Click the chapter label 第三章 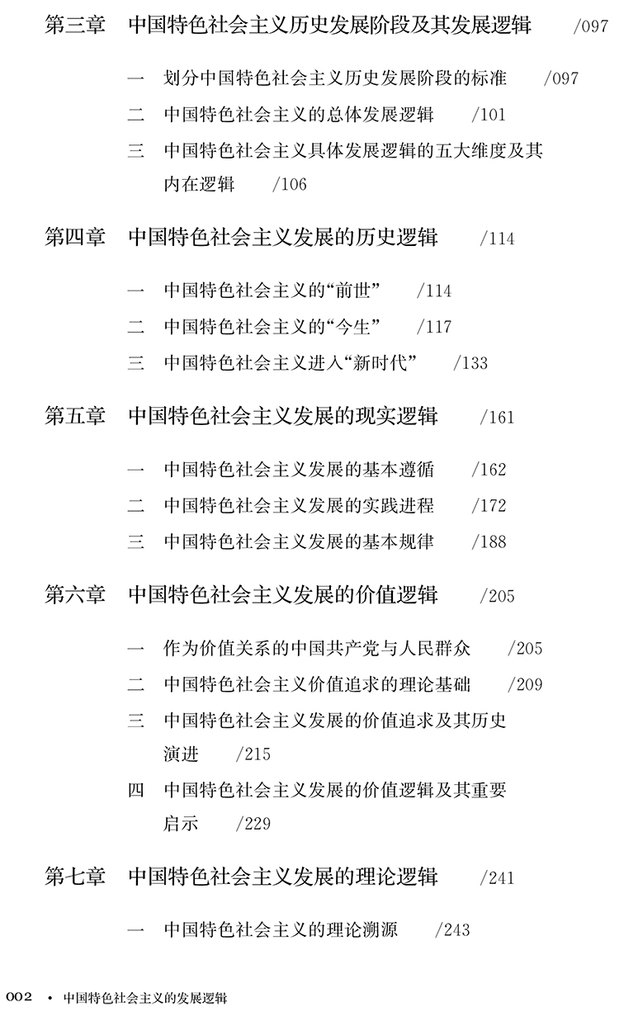point(75,26)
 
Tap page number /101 point(489,116)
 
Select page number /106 point(289,185)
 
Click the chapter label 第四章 point(75,238)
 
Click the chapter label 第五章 point(75,416)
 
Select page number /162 point(489,470)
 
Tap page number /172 point(489,506)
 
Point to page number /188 point(489,542)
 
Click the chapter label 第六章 point(75,594)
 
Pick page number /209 point(525,685)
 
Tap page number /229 point(253,825)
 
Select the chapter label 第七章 point(75,877)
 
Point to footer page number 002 point(19,997)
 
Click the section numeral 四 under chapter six point(136,790)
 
